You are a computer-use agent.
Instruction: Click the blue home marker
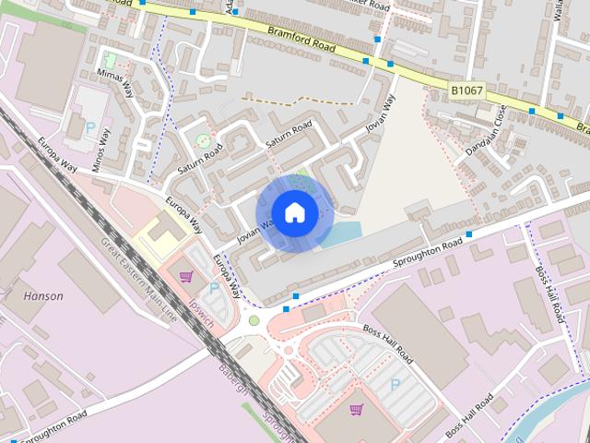pyautogui.click(x=294, y=213)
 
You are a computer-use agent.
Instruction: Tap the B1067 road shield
pyautogui.click(x=467, y=91)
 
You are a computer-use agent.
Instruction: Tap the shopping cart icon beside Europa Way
pyautogui.click(x=186, y=276)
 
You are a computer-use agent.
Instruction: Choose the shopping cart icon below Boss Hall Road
pyautogui.click(x=356, y=409)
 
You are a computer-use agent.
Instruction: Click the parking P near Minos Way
pyautogui.click(x=90, y=128)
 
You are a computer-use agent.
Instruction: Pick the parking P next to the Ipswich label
pyautogui.click(x=215, y=289)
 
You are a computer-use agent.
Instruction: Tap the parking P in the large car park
pyautogui.click(x=395, y=384)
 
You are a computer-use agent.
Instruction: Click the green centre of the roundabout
pyautogui.click(x=254, y=320)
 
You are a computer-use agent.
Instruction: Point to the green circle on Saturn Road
pyautogui.click(x=203, y=140)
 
